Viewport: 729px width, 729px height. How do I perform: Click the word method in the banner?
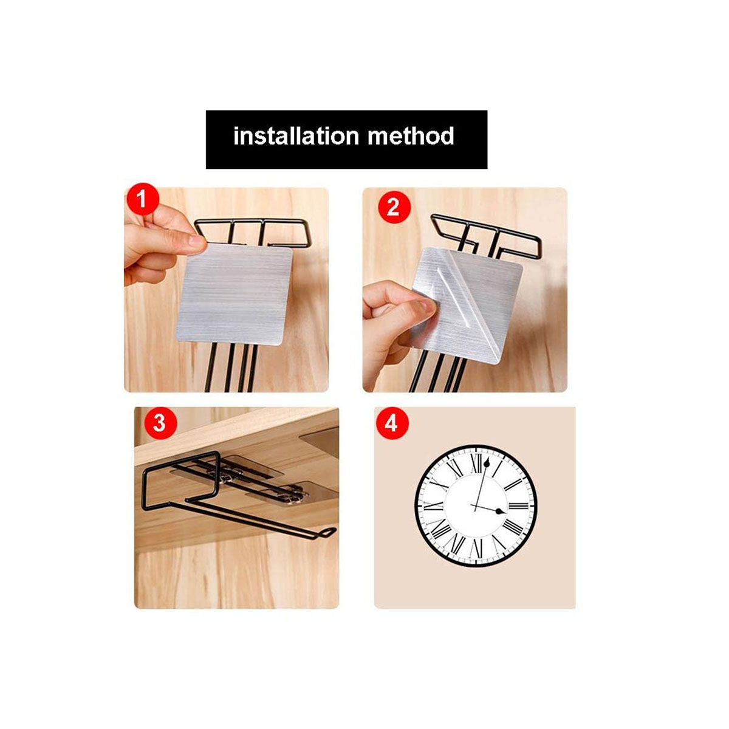[411, 135]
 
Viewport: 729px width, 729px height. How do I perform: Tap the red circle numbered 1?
[142, 200]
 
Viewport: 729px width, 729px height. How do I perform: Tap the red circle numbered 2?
[393, 207]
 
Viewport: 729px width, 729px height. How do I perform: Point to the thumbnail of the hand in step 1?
[196, 242]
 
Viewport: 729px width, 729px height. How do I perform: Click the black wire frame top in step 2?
[486, 234]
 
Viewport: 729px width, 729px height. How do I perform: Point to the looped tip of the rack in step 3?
[328, 532]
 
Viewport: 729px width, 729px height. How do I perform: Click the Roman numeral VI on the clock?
[476, 549]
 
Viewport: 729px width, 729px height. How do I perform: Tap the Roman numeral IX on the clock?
[433, 505]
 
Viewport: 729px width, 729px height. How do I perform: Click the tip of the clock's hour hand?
[502, 512]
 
